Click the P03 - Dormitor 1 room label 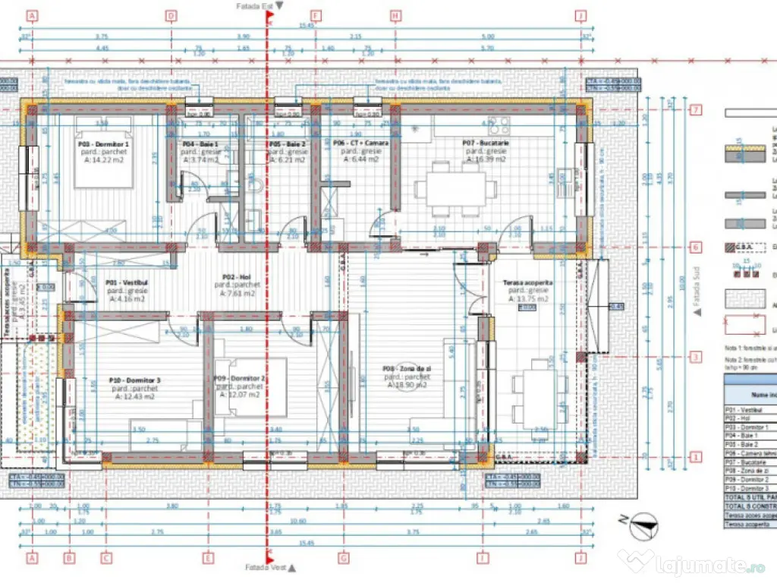pyautogui.click(x=103, y=143)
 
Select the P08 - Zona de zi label pyautogui.click(x=407, y=369)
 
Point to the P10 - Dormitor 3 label pyautogui.click(x=134, y=380)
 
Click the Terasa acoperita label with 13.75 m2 pyautogui.click(x=527, y=282)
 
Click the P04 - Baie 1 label pyautogui.click(x=201, y=143)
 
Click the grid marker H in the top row pyautogui.click(x=395, y=15)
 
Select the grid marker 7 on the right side pyautogui.click(x=695, y=110)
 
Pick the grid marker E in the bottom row pyautogui.click(x=207, y=558)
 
